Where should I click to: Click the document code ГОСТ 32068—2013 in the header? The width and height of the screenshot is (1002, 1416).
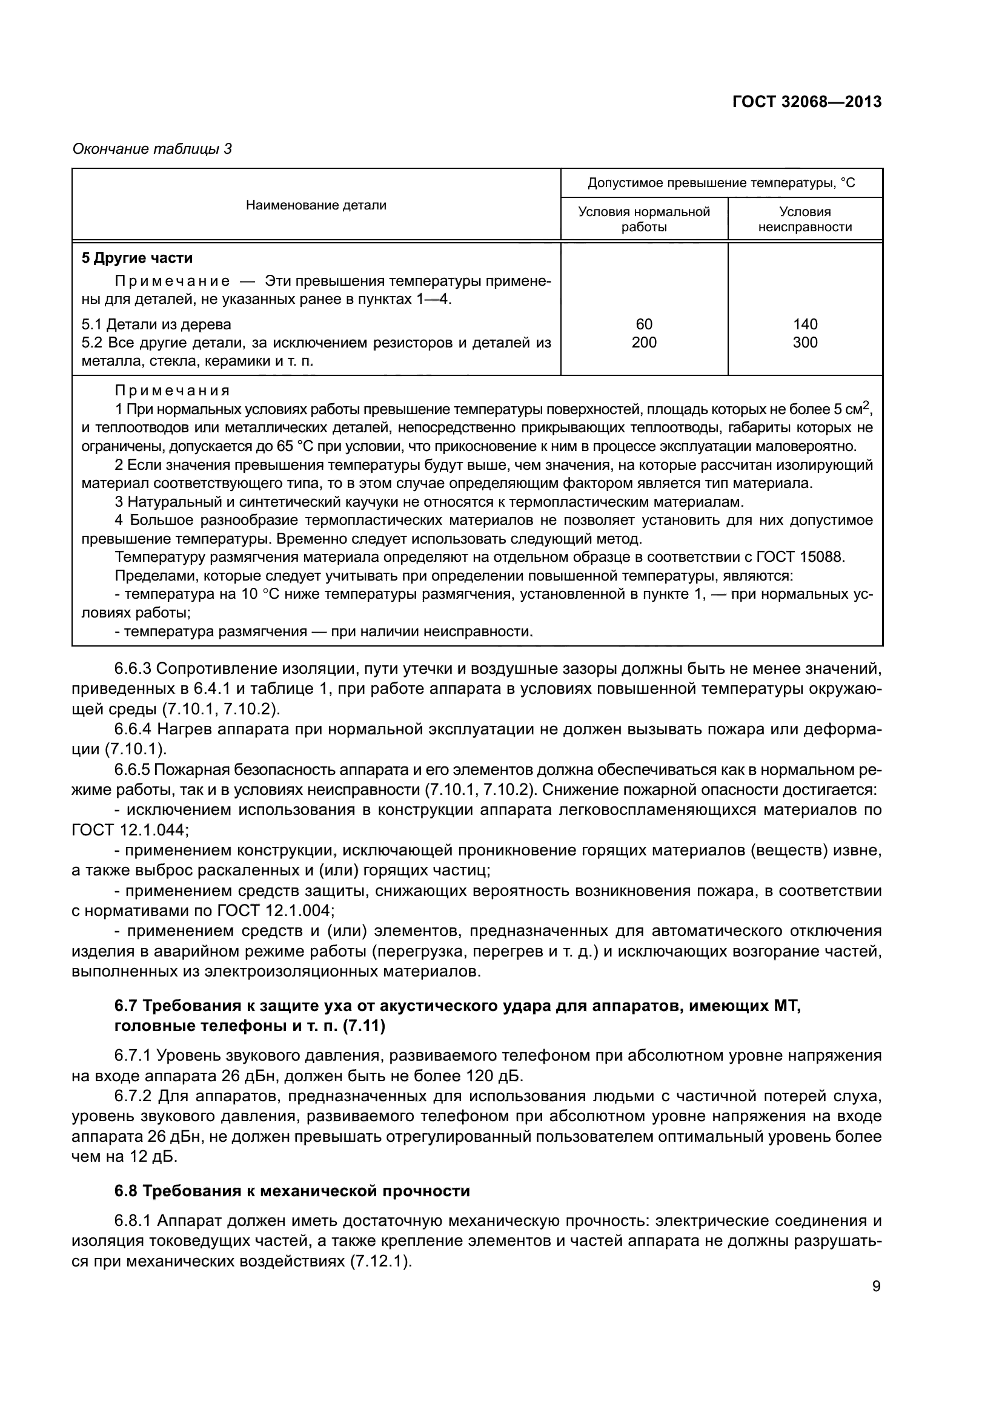[806, 102]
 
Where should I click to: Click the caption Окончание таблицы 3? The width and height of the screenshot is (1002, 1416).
[152, 149]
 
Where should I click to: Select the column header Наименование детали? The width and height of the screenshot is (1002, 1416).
[316, 205]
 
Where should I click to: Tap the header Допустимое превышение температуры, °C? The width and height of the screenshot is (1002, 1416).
[722, 183]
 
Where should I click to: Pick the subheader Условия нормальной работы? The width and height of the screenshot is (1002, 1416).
[643, 219]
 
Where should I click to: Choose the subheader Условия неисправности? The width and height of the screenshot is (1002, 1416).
[805, 219]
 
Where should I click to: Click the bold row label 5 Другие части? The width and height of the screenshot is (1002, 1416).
[137, 258]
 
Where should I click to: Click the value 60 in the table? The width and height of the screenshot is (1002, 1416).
[643, 324]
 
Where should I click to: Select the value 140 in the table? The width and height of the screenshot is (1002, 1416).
[805, 324]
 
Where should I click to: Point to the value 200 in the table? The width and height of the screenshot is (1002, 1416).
[643, 343]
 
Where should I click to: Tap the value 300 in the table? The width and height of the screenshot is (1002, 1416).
[805, 343]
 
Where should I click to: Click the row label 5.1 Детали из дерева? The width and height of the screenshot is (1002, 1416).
[156, 324]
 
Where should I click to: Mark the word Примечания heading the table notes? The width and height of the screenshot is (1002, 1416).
[172, 390]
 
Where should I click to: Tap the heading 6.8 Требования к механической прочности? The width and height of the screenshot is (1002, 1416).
[292, 1191]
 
